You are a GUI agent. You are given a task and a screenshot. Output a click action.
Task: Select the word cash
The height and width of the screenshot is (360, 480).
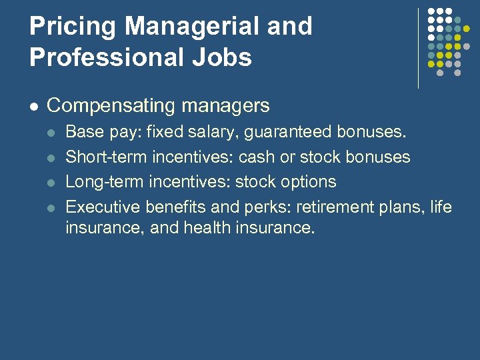click(257, 157)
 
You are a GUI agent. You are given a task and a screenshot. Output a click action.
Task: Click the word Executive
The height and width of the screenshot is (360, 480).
click(101, 207)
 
